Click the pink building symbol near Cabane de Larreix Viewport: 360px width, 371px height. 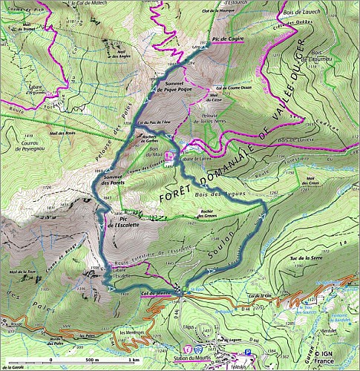171,157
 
